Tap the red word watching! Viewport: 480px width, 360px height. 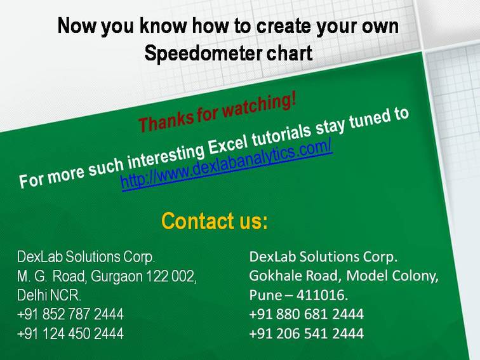pos(260,107)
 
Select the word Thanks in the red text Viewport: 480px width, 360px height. pos(165,121)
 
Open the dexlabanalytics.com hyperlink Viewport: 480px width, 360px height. pos(227,165)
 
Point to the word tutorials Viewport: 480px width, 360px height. pos(281,135)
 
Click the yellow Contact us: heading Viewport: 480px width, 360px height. pos(215,221)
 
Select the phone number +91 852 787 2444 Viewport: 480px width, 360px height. pos(70,314)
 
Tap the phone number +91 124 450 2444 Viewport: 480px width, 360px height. pos(70,333)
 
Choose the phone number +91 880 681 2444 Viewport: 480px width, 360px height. pos(307,314)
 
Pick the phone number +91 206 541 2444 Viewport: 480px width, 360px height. pos(307,333)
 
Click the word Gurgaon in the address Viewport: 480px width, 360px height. pos(117,277)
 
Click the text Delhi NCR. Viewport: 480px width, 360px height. pos(49,295)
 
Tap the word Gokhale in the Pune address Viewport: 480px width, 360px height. pos(275,276)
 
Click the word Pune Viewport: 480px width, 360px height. pos(266,295)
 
